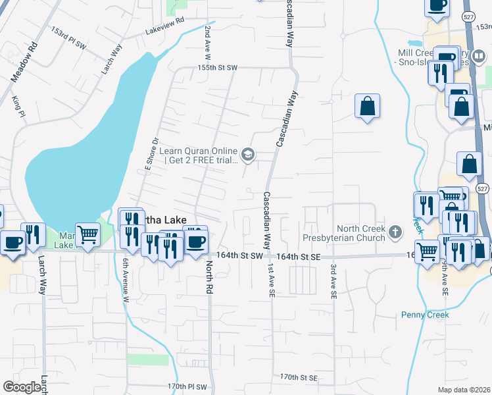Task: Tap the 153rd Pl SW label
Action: [69, 38]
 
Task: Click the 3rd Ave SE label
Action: [333, 282]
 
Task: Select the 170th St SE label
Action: [299, 377]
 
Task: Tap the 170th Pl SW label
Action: [187, 386]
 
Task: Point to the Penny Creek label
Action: [425, 315]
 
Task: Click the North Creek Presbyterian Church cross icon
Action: [395, 232]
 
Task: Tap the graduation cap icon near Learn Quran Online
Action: [248, 155]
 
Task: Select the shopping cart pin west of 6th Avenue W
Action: [87, 234]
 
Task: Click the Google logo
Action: [22, 386]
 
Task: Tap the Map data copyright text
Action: [464, 390]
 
